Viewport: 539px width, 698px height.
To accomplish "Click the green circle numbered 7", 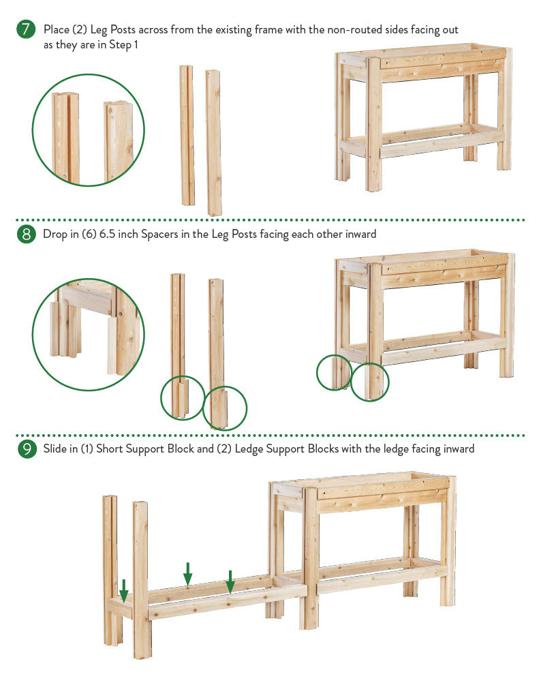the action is pos(26,29).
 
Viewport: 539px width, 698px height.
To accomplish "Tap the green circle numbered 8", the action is pos(26,234).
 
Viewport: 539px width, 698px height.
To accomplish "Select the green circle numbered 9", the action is pos(27,449).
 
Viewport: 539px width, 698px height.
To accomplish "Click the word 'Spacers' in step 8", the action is pos(159,234).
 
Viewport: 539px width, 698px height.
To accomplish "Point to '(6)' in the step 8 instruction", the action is pos(89,234).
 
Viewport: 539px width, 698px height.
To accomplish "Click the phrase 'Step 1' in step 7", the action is pos(123,45).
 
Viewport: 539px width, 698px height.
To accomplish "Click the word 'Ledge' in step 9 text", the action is pos(249,449).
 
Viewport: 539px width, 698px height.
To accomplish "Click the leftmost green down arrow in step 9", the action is pos(124,591).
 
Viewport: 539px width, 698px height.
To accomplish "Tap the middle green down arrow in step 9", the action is pos(187,574).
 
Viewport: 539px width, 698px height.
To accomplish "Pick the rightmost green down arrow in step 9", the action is pos(230,582).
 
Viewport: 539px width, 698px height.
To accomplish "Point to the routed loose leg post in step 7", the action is pos(187,136).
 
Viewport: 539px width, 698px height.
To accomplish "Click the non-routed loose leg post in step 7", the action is pos(214,142).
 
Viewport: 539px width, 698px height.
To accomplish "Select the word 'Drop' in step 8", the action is pos(55,234).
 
